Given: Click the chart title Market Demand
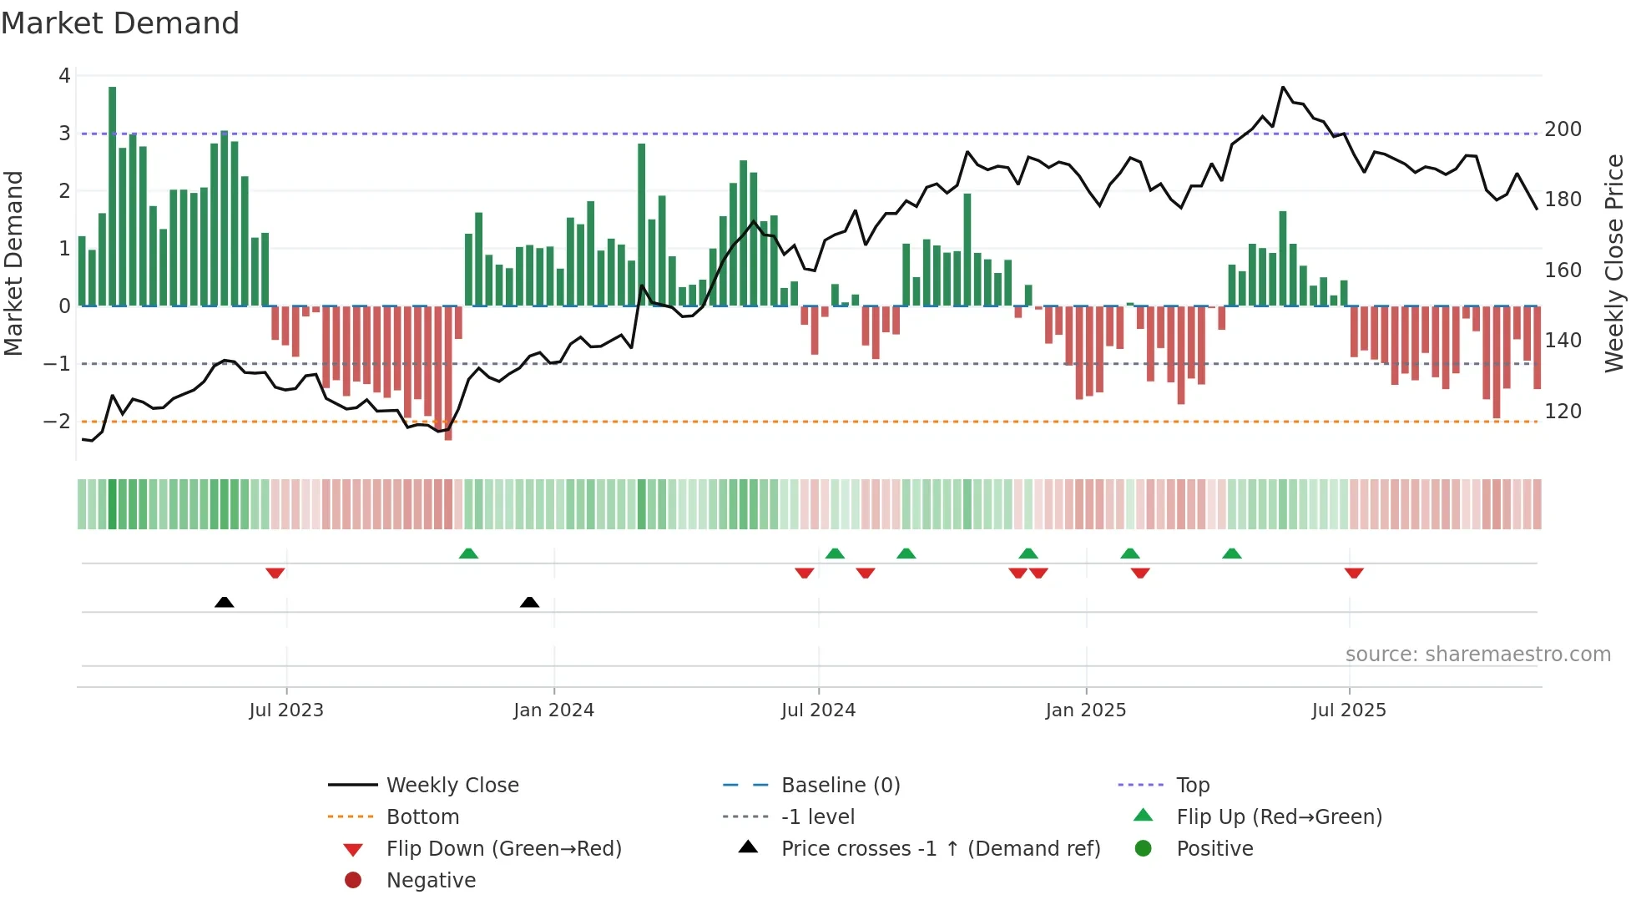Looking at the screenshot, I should click(x=120, y=23).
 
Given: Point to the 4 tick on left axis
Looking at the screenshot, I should click(x=64, y=76).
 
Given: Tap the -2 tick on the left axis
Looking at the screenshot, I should click(x=58, y=421).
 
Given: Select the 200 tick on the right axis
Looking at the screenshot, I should click(x=1563, y=129).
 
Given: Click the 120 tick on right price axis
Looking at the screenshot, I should click(x=1563, y=412).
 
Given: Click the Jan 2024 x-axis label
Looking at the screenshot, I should click(x=553, y=710).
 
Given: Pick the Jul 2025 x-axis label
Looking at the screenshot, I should click(x=1348, y=710).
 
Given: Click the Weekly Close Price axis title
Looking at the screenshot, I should click(x=1614, y=263).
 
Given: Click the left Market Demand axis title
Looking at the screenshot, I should click(x=13, y=263).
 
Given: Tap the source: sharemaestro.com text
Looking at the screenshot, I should click(x=1477, y=655).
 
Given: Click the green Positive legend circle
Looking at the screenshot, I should click(x=1144, y=849).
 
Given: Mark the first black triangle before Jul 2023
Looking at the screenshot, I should click(x=224, y=602).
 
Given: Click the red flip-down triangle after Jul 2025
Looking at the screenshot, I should click(x=1354, y=573).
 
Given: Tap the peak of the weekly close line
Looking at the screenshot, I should click(x=1283, y=87).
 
